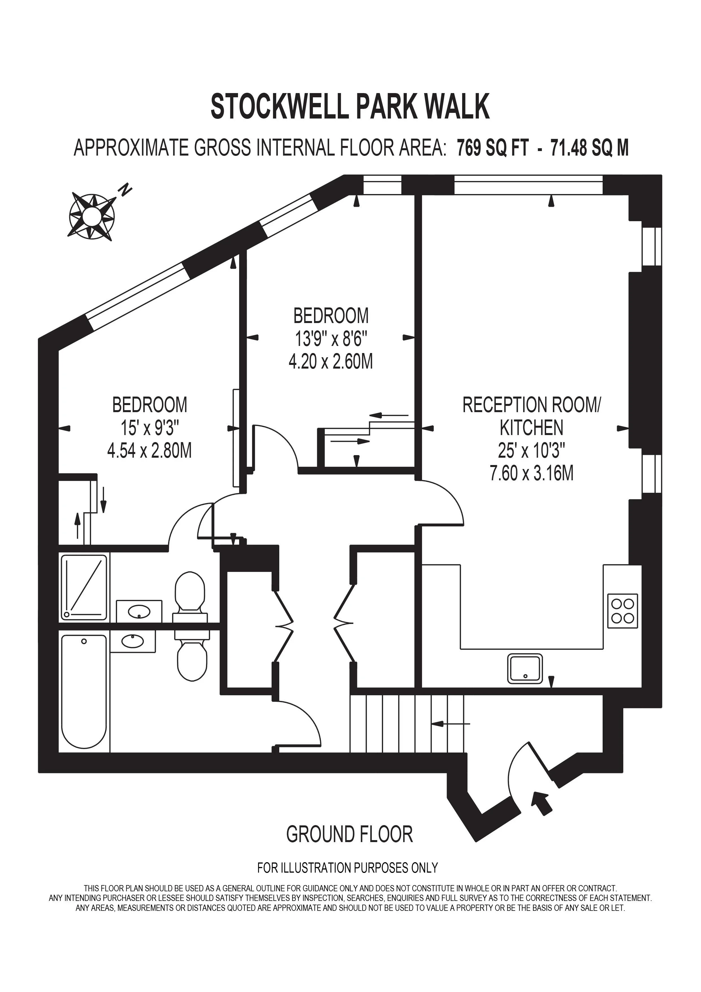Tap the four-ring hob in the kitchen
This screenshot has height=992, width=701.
click(622, 610)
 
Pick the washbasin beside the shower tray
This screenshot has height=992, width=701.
click(139, 611)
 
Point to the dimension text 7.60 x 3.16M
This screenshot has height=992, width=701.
click(531, 474)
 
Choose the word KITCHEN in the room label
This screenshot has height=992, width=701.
click(531, 428)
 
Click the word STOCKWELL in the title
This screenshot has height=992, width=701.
click(279, 106)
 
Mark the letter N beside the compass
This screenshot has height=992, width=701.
click(125, 190)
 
